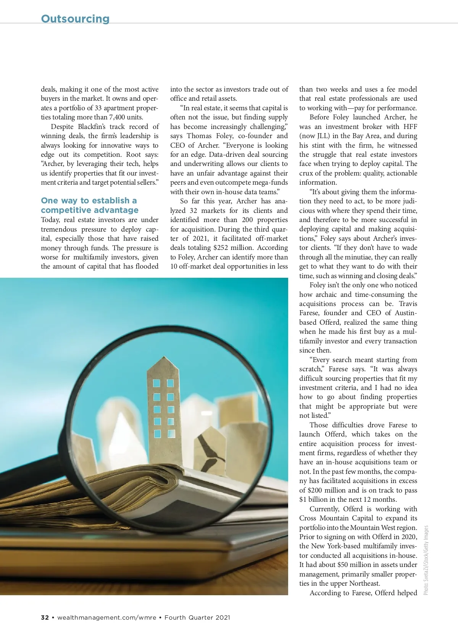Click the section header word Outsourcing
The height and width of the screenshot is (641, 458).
click(75, 19)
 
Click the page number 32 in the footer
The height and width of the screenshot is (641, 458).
click(45, 617)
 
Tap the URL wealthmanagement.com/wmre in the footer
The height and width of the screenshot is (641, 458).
click(106, 617)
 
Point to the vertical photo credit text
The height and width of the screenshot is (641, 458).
click(426, 560)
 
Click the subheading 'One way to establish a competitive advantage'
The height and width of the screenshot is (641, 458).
click(89, 205)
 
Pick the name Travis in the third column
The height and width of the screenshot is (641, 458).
click(408, 304)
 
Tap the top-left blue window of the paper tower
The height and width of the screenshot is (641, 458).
click(156, 383)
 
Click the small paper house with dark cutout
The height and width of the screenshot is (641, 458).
click(211, 450)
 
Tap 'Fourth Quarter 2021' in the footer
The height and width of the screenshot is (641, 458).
click(197, 617)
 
